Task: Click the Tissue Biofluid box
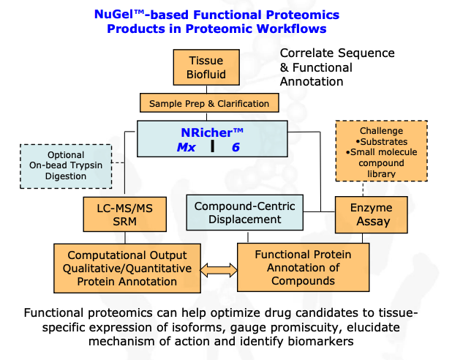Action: [x=206, y=67]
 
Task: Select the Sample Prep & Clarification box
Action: [x=209, y=102]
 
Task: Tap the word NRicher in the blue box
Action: [x=207, y=132]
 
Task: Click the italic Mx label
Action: [x=187, y=147]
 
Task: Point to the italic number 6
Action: [x=236, y=147]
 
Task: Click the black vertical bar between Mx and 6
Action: [x=212, y=146]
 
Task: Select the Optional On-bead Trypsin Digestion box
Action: [x=66, y=166]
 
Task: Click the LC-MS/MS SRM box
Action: [x=125, y=214]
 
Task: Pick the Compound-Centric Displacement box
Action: [x=245, y=213]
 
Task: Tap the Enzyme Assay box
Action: [x=372, y=214]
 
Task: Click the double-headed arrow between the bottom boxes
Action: [x=219, y=270]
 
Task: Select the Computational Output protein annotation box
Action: [x=127, y=269]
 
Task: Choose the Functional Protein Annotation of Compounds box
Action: [x=304, y=267]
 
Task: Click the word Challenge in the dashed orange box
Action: [x=381, y=131]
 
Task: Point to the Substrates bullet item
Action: [x=382, y=142]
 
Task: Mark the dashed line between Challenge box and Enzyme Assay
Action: [x=363, y=189]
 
